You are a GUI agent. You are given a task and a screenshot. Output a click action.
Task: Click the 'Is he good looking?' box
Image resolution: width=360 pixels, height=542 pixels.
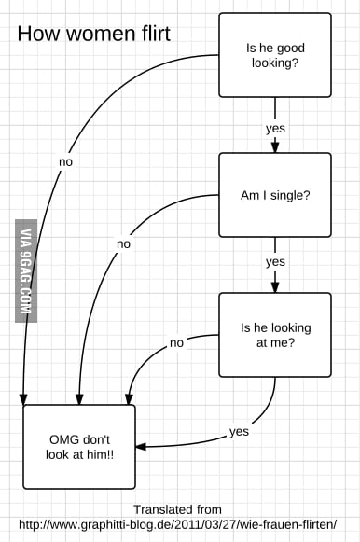pos(274,54)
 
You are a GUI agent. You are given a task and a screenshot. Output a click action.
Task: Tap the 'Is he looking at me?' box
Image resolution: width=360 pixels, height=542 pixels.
pos(274,335)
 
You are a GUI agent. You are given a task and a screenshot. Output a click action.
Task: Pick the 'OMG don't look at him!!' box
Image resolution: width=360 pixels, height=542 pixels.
pos(78,446)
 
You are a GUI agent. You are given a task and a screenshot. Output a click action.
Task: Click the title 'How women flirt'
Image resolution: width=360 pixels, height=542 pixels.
pos(93,35)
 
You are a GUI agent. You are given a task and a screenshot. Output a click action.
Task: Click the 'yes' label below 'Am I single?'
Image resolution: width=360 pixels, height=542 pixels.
pos(275,262)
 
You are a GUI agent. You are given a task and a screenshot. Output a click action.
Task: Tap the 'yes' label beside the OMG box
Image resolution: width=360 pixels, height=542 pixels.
pos(239,431)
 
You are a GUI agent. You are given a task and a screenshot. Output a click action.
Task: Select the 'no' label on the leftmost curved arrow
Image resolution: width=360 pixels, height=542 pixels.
pos(65,161)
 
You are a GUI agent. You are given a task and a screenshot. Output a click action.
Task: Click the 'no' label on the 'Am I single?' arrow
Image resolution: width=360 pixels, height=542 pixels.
pos(123,243)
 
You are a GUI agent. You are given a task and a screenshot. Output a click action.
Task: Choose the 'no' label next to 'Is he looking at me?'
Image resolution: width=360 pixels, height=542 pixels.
pos(176,342)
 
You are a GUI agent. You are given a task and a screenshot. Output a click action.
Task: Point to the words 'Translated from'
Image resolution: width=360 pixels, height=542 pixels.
pos(177,509)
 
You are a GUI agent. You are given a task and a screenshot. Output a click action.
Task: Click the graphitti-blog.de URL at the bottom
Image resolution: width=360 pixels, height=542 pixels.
pos(177,523)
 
